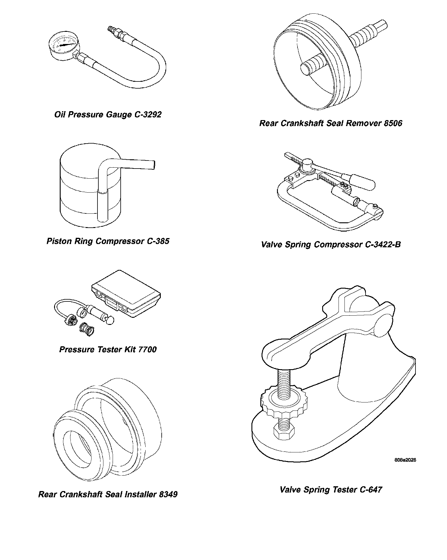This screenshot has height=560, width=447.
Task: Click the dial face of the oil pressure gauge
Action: tap(64, 45)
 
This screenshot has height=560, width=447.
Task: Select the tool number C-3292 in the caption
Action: tap(147, 115)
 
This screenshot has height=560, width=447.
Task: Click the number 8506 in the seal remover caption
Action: tap(393, 123)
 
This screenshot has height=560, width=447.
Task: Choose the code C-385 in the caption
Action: tap(158, 241)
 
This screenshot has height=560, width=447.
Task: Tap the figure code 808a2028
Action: tap(405, 460)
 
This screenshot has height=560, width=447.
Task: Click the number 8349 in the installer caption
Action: tap(168, 494)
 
